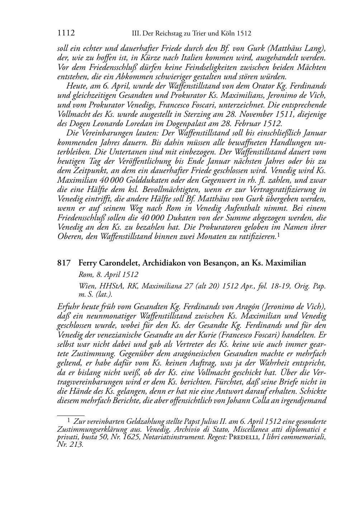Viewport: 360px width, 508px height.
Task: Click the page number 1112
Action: [x=66, y=34]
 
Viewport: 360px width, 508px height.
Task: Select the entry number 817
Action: [x=63, y=263]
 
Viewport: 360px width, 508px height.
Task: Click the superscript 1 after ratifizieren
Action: [x=278, y=234]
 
